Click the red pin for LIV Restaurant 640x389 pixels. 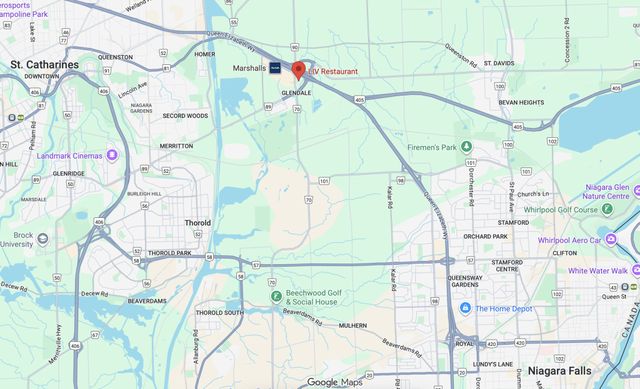299,69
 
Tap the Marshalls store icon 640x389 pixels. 275,69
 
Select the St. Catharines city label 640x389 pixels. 45,65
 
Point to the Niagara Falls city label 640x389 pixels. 559,370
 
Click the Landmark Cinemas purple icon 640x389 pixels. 112,155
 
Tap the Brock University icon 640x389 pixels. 42,239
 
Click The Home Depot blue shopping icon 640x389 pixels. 464,308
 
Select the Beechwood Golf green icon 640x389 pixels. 276,297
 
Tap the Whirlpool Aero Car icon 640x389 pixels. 611,240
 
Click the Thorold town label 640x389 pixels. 197,223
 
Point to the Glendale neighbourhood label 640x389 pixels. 296,93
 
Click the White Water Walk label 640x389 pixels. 597,271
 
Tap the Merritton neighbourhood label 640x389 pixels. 176,145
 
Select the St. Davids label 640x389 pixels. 498,64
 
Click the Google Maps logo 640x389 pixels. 331,382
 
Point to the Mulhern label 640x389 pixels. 352,326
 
